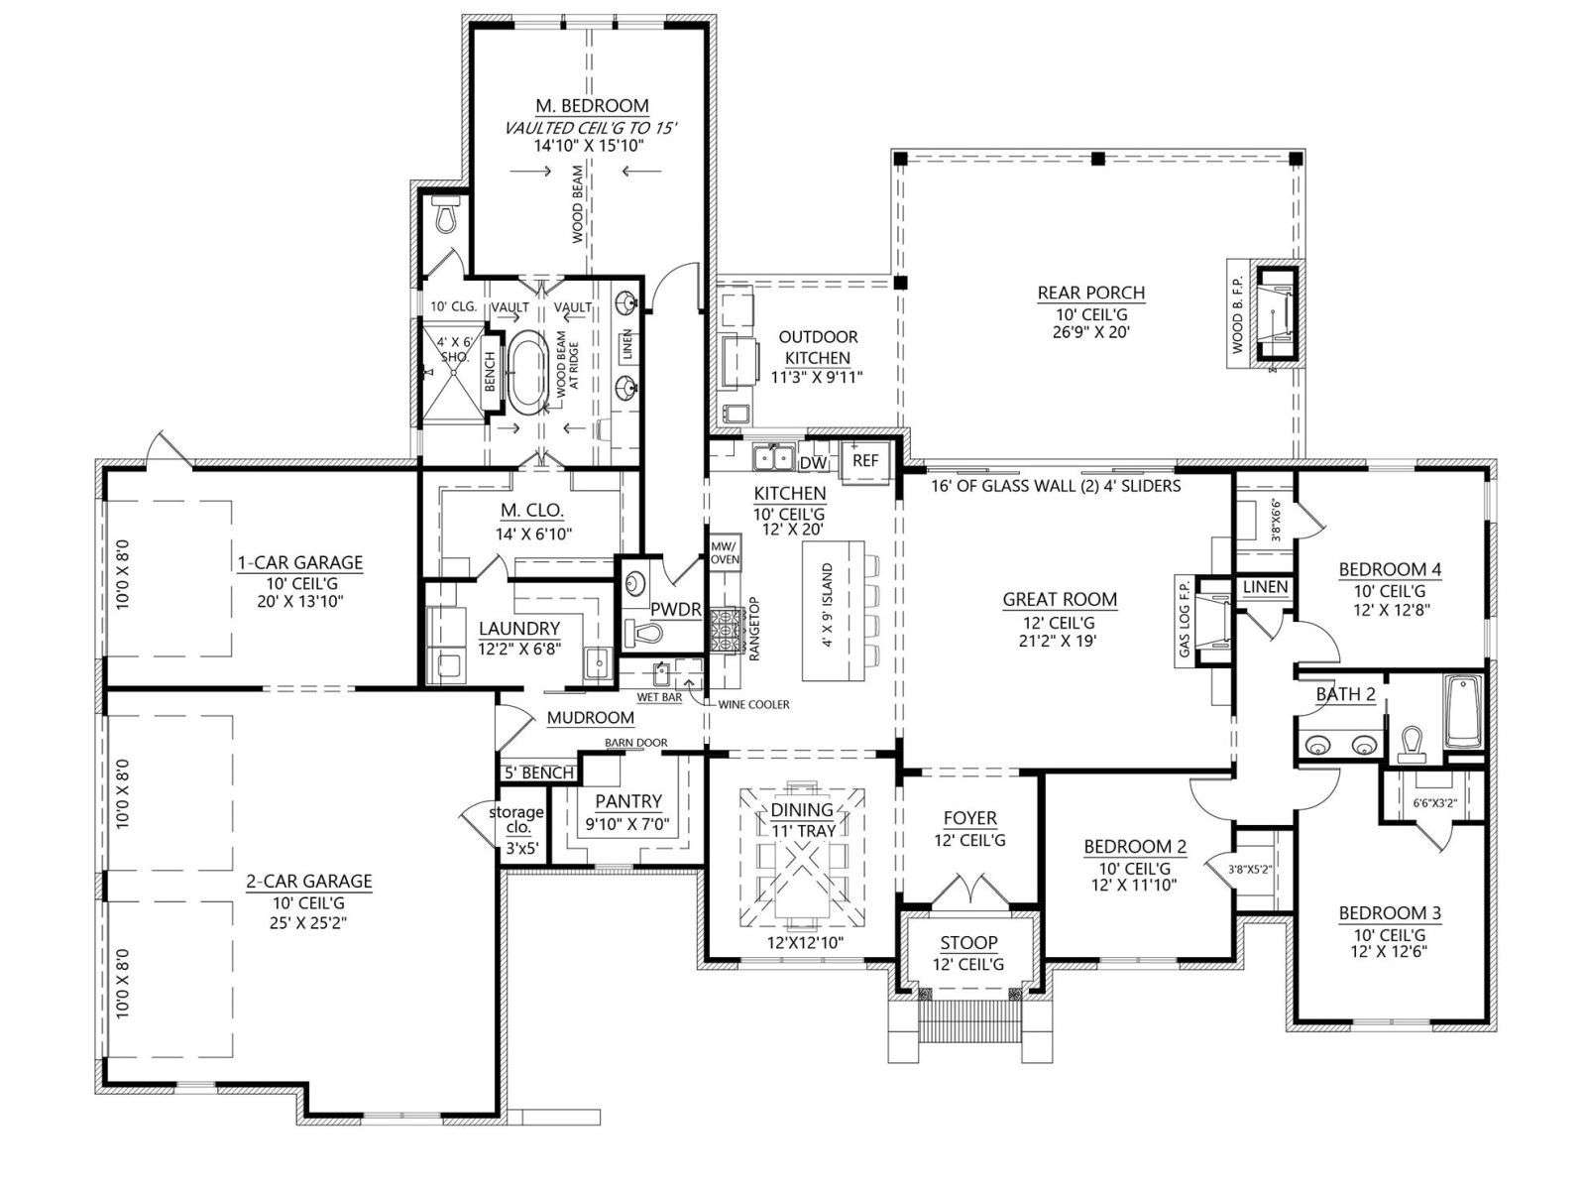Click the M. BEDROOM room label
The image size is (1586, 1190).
[592, 105]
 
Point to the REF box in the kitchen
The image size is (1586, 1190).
[865, 460]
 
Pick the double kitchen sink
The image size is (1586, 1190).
[773, 457]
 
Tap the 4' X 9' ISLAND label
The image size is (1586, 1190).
[828, 606]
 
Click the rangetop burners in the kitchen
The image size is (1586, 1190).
[726, 631]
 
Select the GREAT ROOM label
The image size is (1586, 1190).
[1060, 600]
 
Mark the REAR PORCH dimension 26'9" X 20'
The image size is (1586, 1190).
[1091, 331]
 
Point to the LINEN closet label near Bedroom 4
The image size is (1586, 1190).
[1265, 587]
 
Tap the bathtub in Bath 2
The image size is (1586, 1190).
[1463, 711]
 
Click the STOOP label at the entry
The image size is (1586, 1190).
[968, 943]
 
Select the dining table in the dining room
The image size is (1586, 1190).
[802, 857]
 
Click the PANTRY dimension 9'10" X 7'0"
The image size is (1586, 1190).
[627, 824]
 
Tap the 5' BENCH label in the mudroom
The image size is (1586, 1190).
[539, 773]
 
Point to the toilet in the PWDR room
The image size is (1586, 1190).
[641, 634]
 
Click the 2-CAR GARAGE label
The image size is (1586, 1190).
[309, 881]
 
